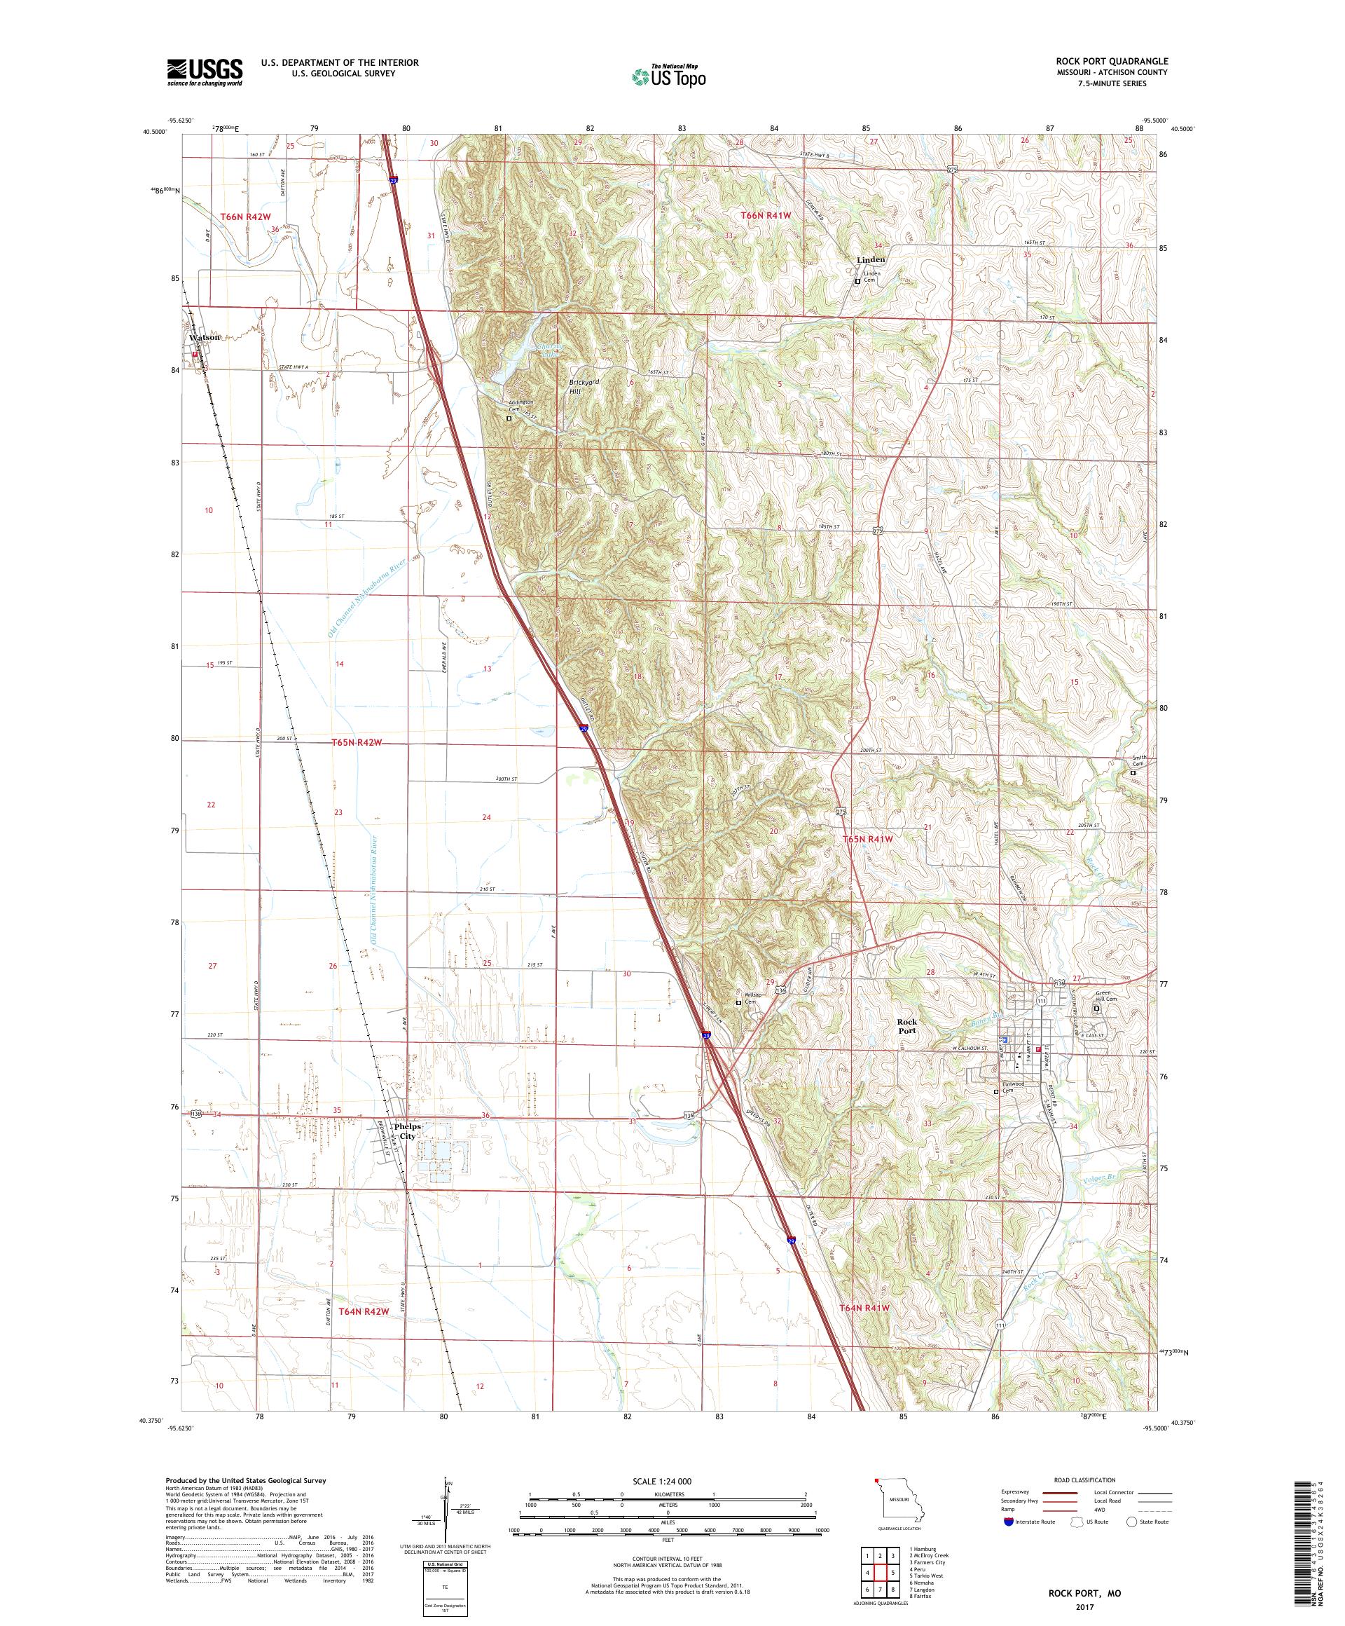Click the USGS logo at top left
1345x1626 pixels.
205,71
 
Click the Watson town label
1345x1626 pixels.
205,337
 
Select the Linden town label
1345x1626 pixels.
871,259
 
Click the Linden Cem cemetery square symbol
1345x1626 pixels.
857,282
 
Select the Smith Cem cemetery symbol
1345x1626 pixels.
1133,772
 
